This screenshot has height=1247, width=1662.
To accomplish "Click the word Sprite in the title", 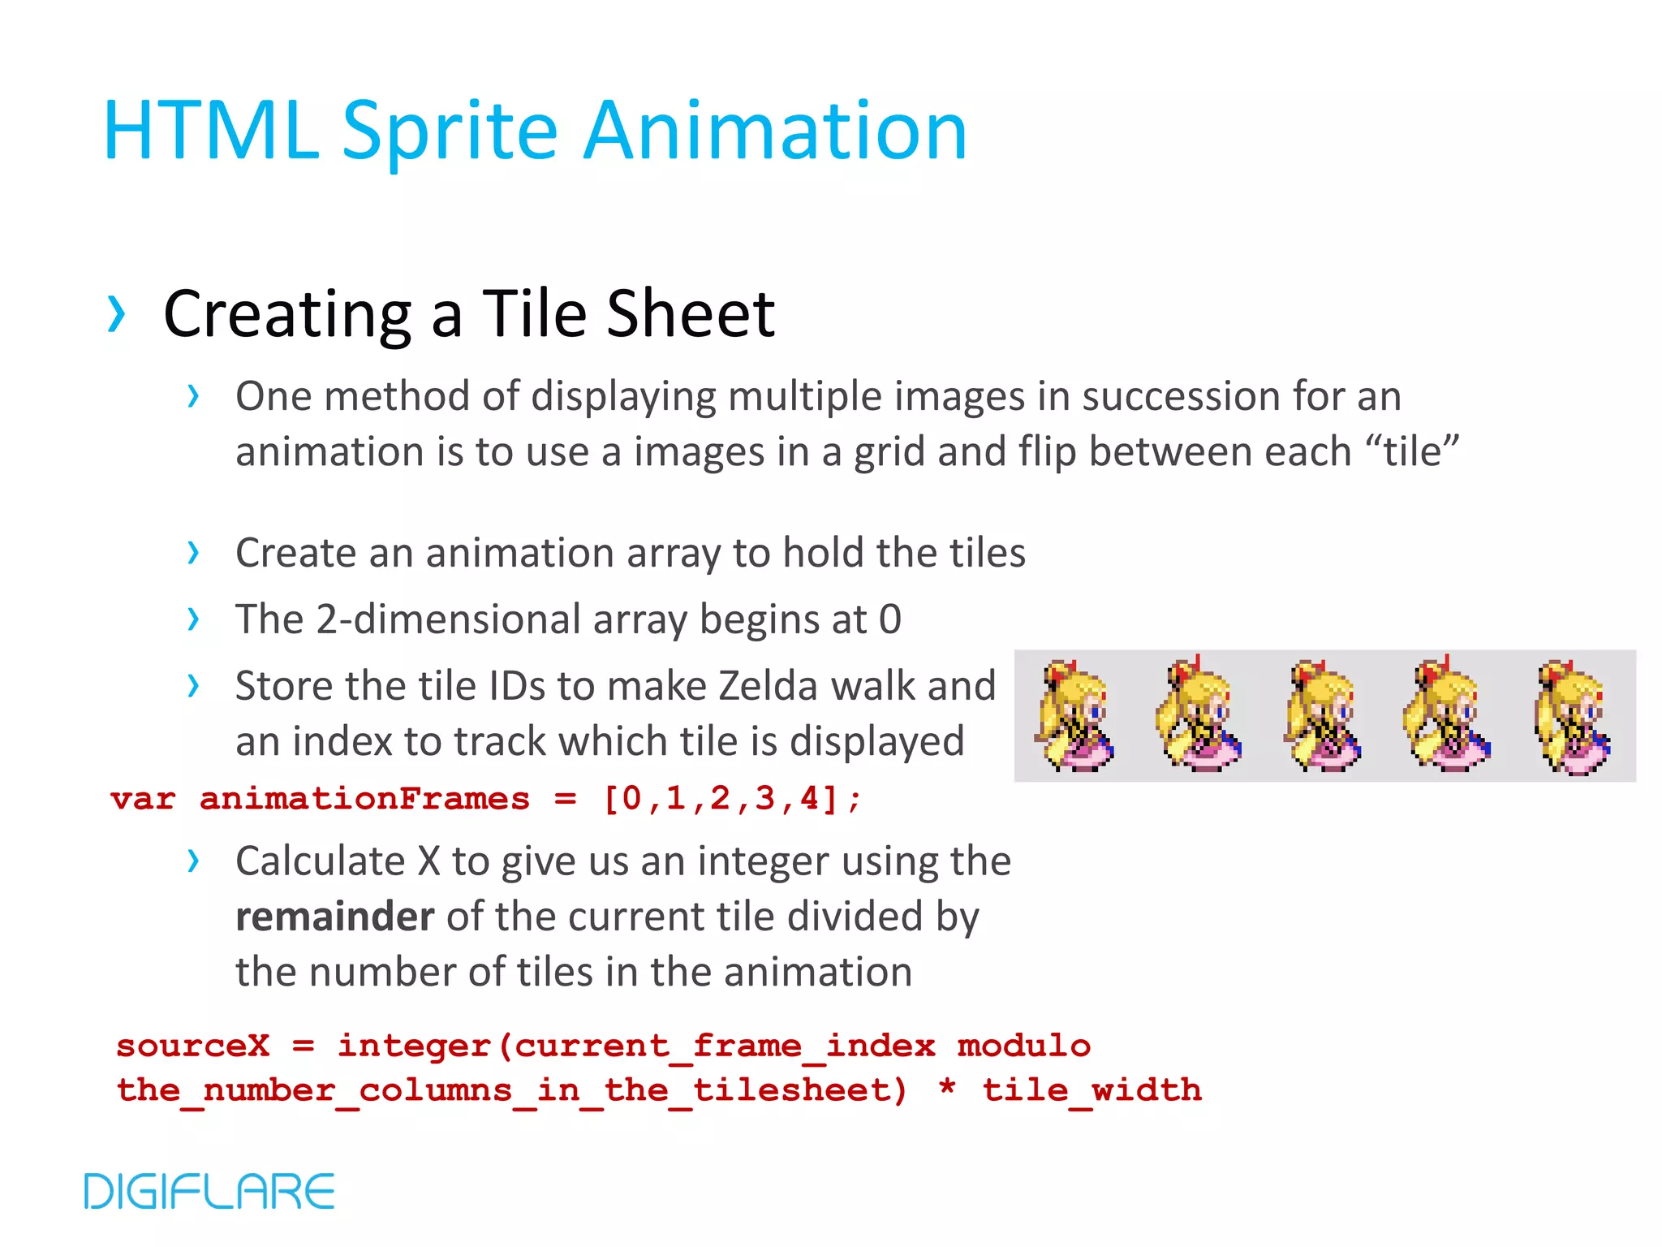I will pos(450,132).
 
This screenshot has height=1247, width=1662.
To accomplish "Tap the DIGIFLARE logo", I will pos(209,1191).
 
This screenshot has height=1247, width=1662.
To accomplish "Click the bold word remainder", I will pos(334,917).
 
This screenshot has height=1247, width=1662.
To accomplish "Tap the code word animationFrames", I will pos(364,799).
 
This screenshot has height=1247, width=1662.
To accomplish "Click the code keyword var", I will pos(143,799).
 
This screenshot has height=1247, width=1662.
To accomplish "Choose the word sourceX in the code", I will pos(192,1046).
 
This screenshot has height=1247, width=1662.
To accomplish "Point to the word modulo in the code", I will pos(1023,1046).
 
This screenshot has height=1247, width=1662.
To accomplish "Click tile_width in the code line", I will pos(1091,1090).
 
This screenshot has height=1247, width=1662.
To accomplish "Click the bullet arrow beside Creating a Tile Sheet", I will pos(116,315).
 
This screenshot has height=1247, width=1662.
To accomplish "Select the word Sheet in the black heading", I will pos(691,314).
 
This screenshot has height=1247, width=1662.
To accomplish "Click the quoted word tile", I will pos(1413,451).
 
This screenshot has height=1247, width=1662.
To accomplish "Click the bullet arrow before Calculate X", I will pos(193,861).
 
